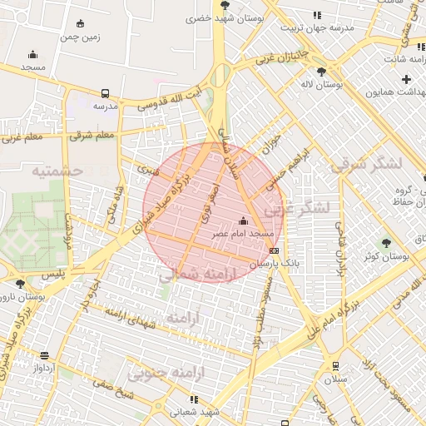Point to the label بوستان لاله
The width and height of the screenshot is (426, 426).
click(334, 85)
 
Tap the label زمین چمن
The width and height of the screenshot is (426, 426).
click(80, 37)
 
